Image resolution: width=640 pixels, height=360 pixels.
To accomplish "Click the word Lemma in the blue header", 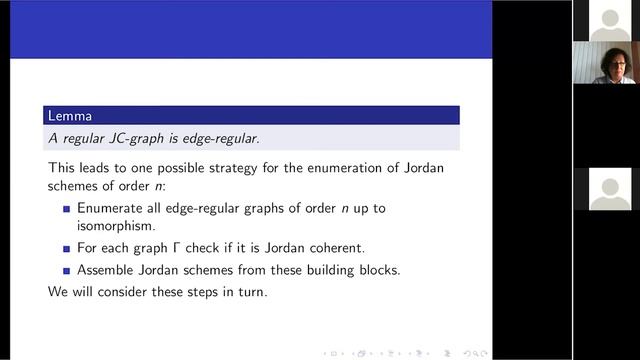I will (68, 116).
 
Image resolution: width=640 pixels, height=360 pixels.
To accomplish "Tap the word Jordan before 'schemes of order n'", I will (421, 167).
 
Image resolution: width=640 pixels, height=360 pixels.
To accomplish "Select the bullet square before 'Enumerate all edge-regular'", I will (67, 209).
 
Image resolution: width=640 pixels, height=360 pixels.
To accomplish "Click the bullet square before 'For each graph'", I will (67, 250).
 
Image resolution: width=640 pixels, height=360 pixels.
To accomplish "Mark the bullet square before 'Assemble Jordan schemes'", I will (67, 270).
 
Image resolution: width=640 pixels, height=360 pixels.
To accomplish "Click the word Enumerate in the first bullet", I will (113, 208).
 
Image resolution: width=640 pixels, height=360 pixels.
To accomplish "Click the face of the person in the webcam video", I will (611, 63).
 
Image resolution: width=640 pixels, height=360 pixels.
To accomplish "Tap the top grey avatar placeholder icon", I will (609, 20).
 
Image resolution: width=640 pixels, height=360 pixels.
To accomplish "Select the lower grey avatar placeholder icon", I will (609, 188).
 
